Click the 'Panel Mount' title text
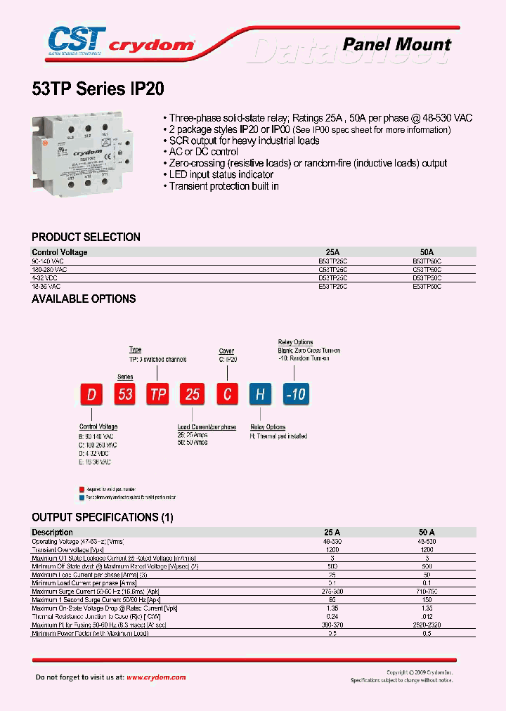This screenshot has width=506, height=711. click(396, 44)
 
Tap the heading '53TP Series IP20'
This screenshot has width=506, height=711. click(98, 89)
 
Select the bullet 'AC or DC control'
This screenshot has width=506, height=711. click(203, 152)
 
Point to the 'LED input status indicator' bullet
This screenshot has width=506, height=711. click(221, 174)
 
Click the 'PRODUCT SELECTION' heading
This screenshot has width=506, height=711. click(86, 237)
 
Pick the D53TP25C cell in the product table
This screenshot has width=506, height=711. click(332, 278)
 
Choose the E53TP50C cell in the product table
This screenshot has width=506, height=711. click(427, 287)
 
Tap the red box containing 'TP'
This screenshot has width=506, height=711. click(159, 394)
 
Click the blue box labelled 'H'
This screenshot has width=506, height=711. click(260, 394)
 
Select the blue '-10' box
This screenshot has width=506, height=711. click(296, 394)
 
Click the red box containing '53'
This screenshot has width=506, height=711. click(125, 394)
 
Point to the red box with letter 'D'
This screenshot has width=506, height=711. click(91, 394)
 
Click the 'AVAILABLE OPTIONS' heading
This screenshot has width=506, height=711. click(84, 299)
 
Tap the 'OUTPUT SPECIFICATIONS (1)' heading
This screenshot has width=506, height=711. click(102, 517)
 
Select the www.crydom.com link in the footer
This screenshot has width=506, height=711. click(156, 677)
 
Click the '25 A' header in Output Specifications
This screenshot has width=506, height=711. click(332, 533)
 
